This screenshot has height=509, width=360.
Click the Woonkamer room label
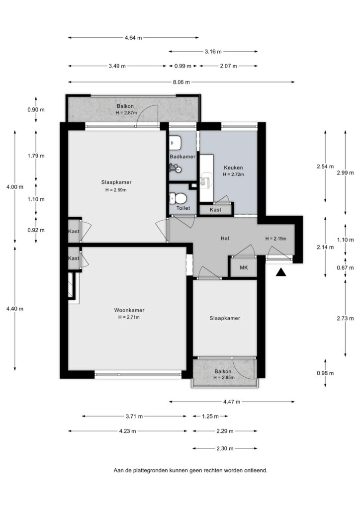129,310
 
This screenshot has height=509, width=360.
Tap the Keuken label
233,168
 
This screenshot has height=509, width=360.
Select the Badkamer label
182,157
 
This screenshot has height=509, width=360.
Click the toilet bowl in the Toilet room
178,198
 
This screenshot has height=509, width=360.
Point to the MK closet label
244,267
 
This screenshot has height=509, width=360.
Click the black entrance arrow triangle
281,272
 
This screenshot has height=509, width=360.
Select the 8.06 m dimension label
181,82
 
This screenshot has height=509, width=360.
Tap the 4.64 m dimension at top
133,38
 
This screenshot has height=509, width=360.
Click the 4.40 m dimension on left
14,309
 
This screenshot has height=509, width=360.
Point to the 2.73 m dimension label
345,319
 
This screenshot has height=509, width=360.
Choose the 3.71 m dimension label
134,416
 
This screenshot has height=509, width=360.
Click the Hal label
225,238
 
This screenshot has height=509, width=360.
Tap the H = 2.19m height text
275,239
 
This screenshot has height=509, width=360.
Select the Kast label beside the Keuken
215,210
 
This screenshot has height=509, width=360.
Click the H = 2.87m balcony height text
126,113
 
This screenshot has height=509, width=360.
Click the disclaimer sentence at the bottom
190,470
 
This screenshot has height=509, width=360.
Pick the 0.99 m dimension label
183,66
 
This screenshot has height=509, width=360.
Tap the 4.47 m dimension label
231,402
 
